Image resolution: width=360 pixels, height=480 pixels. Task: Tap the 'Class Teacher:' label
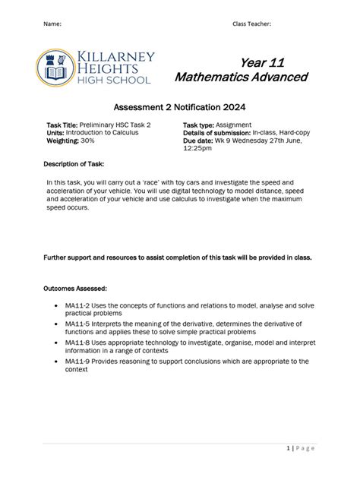coord(251,24)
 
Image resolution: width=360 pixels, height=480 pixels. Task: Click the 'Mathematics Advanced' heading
coord(241,77)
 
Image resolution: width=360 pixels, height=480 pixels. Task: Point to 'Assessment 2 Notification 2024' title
coord(179,108)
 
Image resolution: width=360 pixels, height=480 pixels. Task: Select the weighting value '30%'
coord(87,141)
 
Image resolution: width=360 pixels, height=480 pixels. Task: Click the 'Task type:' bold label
coord(198,125)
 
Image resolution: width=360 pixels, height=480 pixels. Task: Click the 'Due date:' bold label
coord(197,141)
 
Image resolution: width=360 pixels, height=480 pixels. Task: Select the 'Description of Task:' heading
coord(75,164)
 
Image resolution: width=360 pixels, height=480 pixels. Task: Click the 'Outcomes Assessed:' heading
coord(75,288)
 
